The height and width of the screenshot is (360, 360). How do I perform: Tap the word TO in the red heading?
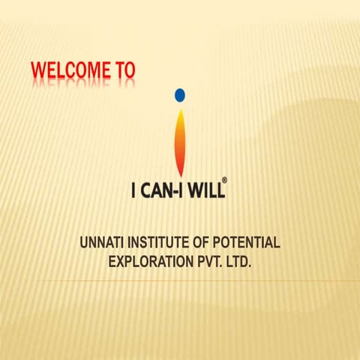(x=125, y=71)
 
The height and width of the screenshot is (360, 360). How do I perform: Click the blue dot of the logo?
(x=179, y=95)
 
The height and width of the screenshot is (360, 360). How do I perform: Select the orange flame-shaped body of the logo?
(x=179, y=142)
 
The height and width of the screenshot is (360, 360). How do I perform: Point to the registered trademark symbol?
(x=223, y=181)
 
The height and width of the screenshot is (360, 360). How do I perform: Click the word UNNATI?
(x=103, y=243)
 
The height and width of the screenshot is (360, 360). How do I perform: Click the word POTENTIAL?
(x=248, y=243)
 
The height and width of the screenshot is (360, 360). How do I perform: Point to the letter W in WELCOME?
(x=37, y=71)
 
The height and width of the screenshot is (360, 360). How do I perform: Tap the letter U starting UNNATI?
(x=84, y=243)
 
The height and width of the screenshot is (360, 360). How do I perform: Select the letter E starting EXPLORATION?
(x=113, y=262)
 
